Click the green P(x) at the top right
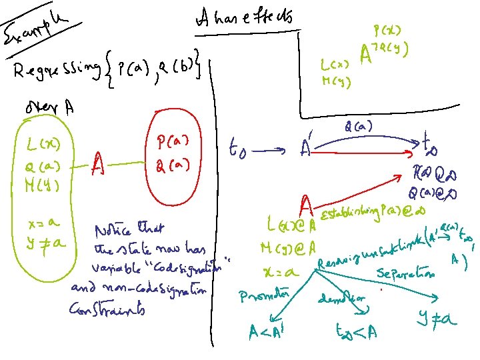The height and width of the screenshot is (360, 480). [x=387, y=30]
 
